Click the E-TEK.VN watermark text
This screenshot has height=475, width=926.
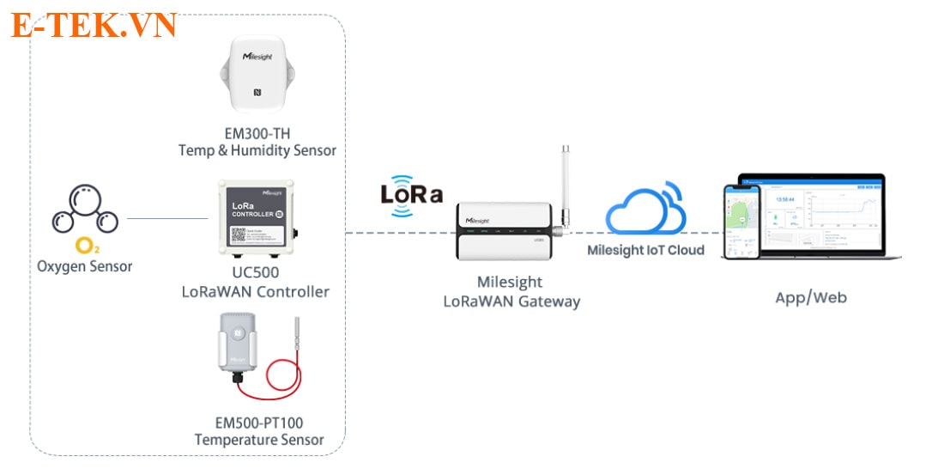tap(94, 26)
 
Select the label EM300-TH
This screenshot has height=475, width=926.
tap(257, 133)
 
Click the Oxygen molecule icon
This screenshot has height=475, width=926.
tap(84, 211)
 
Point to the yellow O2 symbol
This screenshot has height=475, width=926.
tap(86, 247)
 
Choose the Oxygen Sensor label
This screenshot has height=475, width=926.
tap(85, 266)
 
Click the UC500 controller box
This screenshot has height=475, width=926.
tap(255, 217)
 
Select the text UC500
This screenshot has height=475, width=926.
tap(256, 273)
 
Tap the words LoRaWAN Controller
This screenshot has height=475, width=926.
tap(256, 292)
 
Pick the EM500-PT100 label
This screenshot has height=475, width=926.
tap(259, 423)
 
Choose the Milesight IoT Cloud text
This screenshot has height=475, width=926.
tap(645, 251)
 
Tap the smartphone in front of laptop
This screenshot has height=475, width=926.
tap(741, 222)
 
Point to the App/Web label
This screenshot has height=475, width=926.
tap(810, 298)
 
